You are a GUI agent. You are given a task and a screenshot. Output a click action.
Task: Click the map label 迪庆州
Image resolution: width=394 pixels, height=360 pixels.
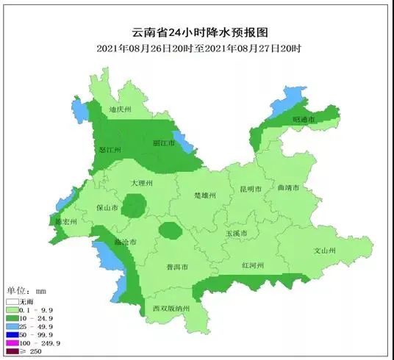pos(119,109)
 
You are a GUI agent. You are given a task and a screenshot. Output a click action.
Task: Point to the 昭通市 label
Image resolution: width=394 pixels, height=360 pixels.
pos(303,119)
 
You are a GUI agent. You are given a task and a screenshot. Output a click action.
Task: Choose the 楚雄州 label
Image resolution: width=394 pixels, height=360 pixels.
pos(204,195)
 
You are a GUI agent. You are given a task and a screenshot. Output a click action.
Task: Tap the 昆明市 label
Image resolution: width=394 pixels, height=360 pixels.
pos(251,189)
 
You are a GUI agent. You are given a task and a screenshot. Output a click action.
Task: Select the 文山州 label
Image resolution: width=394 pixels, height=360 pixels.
pos(325,251)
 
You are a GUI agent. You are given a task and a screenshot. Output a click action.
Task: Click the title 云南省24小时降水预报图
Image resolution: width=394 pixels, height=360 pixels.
pos(198,32)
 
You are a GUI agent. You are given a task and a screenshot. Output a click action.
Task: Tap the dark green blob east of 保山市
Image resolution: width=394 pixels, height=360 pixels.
pos(134,206)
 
